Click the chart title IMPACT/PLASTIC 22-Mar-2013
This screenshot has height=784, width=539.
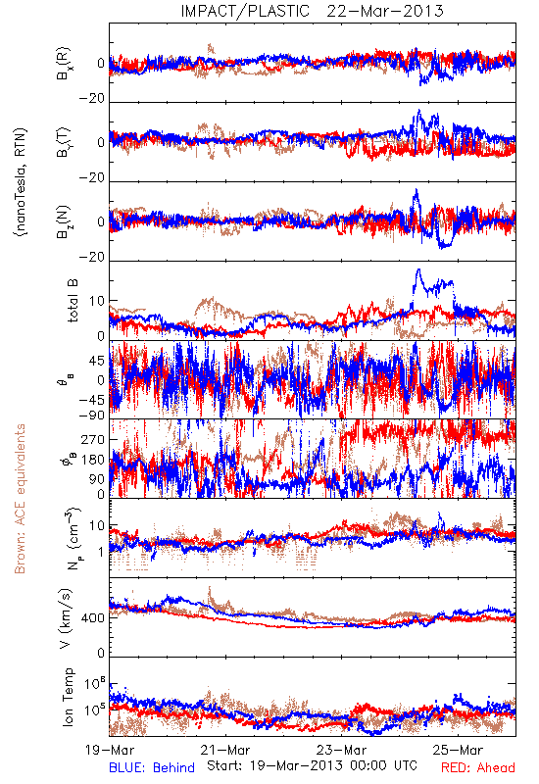(312, 11)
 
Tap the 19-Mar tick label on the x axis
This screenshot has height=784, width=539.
(110, 750)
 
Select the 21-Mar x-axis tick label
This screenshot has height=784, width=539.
(225, 750)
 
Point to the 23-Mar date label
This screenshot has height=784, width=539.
(341, 750)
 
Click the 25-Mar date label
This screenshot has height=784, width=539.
(458, 750)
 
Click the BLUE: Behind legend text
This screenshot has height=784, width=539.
(152, 767)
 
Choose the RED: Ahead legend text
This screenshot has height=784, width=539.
(478, 767)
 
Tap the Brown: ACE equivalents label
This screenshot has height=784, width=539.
(20, 499)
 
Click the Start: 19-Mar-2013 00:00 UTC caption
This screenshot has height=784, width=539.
(312, 765)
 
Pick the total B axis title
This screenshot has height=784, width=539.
(73, 301)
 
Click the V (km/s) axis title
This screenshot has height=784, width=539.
(66, 618)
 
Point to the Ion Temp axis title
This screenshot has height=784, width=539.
(68, 697)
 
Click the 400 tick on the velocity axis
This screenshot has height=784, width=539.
(94, 618)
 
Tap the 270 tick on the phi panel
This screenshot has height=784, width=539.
(94, 439)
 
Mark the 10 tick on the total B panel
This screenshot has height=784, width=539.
(97, 301)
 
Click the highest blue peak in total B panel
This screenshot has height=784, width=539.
(418, 270)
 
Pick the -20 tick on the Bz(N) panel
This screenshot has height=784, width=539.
(92, 257)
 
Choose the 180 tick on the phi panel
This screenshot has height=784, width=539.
(94, 460)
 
